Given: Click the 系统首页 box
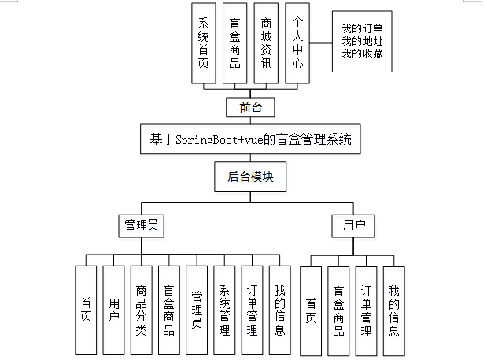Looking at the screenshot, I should [x=204, y=42].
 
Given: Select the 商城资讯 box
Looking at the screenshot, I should [x=266, y=42].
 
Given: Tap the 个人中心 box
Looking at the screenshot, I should [x=296, y=42].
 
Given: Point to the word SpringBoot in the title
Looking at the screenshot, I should [x=205, y=141].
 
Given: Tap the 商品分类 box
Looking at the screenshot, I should [x=141, y=310].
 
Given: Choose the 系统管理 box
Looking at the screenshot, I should [x=224, y=310].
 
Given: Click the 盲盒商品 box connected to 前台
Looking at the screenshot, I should [x=234, y=42].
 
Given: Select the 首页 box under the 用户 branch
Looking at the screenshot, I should [x=312, y=310].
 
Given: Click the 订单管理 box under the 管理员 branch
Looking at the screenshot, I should [x=252, y=310].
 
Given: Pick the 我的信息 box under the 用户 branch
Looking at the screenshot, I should [x=394, y=310].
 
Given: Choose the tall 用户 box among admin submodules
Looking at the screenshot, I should [x=113, y=310].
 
